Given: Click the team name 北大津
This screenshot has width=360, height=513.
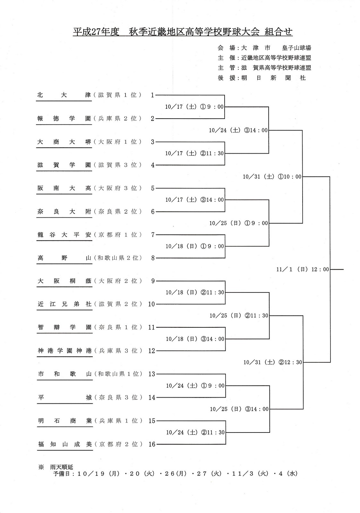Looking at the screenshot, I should coord(64,95).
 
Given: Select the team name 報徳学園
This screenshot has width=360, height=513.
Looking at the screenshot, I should coord(64,119).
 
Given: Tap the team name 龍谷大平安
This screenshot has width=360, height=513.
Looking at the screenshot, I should coord(64,235).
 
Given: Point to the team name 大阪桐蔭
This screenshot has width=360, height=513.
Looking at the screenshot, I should coord(64,281).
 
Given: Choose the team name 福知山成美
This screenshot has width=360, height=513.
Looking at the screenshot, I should coord(64,444).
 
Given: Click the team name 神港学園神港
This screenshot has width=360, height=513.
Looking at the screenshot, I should coord(64,351).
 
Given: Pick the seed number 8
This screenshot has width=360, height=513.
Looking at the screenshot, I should coord(153,258).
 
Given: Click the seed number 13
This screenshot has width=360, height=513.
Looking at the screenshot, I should coord(152,374).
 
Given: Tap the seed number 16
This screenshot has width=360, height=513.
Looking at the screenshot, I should coord(152,444).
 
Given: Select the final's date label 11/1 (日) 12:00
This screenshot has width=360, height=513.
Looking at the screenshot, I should coord(303,270).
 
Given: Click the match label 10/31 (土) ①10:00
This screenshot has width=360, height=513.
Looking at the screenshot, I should coord(272,177).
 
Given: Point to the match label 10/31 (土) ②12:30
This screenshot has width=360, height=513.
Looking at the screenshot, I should coord(272,362).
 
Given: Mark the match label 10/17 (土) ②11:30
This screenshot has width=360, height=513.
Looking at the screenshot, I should coord(194,154).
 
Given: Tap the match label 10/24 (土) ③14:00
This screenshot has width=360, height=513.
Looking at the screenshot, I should coord(238,130).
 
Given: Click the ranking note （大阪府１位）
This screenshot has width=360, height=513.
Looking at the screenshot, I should coord(117,142).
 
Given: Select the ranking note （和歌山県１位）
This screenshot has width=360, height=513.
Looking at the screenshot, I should coord(117,374).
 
